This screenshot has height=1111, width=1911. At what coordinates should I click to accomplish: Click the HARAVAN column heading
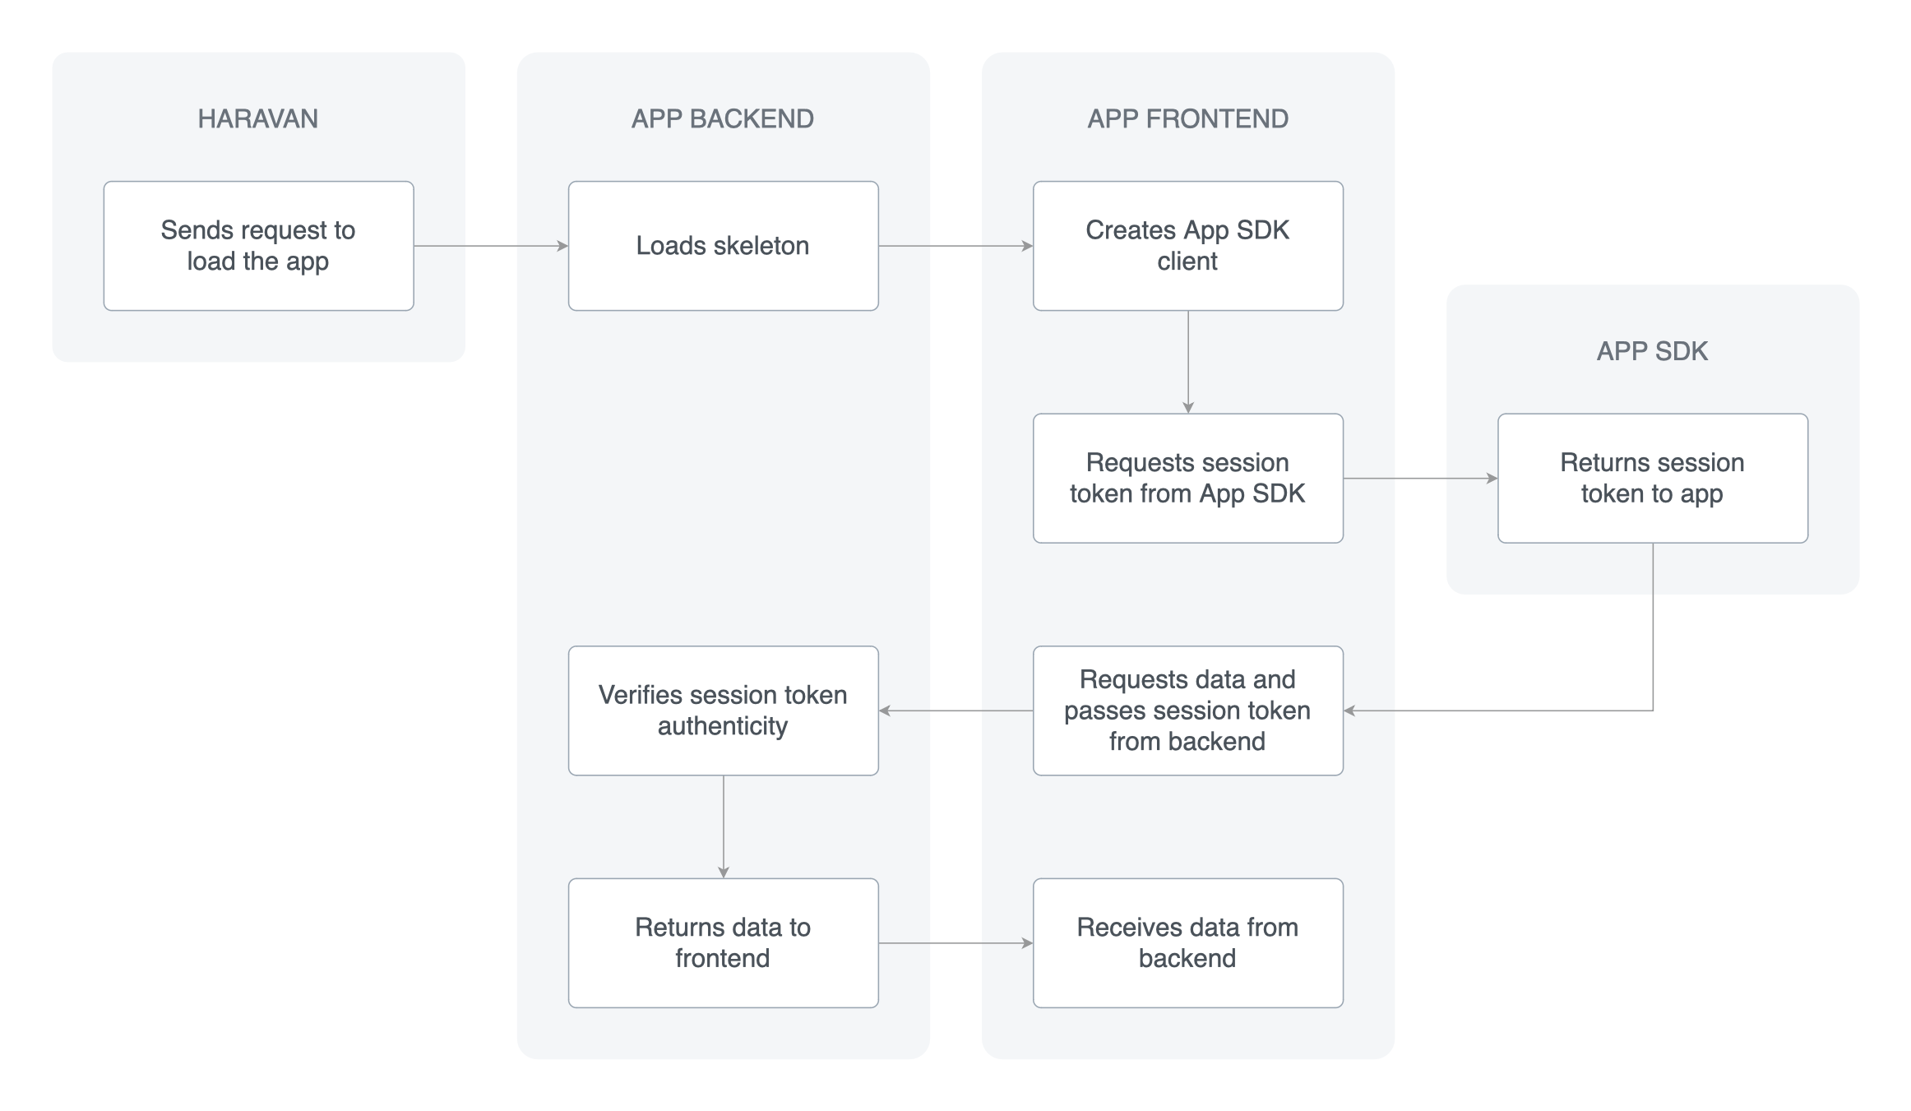pos(257,118)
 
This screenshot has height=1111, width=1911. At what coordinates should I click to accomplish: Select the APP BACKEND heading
pos(722,118)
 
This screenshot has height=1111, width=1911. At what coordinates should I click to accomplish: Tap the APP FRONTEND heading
pos(1187,118)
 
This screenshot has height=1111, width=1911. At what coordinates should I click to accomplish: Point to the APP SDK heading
pos(1652,351)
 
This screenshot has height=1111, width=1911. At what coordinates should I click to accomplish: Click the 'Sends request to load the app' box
pos(258,246)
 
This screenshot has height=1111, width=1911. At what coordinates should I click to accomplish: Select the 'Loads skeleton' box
pos(723,246)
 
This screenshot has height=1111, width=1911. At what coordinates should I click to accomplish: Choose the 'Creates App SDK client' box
pos(1187,246)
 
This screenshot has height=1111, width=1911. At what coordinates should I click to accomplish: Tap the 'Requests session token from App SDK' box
pos(1187,478)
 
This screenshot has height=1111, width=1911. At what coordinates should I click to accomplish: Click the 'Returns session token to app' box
pos(1652,478)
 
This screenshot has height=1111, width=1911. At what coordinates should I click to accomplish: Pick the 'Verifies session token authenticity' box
pos(723,711)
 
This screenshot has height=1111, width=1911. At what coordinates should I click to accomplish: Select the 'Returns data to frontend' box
pos(723,942)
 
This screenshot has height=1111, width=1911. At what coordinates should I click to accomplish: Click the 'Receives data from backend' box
pos(1187,942)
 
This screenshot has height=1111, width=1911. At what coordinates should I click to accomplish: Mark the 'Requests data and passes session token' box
pos(1187,711)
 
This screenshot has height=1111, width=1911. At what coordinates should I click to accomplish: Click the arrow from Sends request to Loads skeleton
pos(491,246)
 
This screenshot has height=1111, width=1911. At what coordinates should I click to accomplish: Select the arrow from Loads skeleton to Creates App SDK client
pos(955,246)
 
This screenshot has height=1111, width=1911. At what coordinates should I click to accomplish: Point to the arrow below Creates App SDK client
pos(1187,362)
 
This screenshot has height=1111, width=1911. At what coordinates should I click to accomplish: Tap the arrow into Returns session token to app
pos(1420,478)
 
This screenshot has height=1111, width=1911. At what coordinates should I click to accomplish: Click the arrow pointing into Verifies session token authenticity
pos(955,711)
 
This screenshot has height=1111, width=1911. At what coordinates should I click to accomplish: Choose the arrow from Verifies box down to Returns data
pos(723,826)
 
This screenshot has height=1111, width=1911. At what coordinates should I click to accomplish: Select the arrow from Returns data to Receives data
pos(955,942)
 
